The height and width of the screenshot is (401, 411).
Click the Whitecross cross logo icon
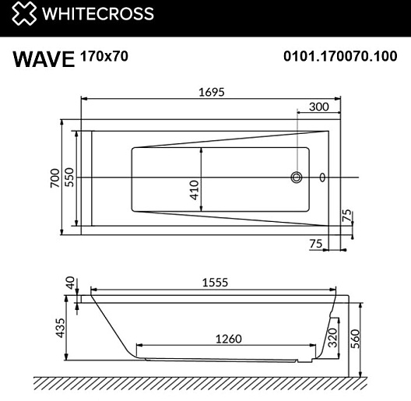[24, 13]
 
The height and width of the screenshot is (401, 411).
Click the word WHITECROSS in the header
[98, 14]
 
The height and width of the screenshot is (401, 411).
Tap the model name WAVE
[44, 59]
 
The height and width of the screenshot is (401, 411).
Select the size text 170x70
[104, 56]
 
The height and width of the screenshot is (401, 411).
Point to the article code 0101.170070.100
[340, 56]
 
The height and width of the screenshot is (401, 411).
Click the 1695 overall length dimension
[212, 92]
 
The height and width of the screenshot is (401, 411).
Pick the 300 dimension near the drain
[318, 107]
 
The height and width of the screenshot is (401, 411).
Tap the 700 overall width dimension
[54, 178]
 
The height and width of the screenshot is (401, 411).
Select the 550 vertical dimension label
[69, 177]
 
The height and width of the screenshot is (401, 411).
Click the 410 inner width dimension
[194, 190]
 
